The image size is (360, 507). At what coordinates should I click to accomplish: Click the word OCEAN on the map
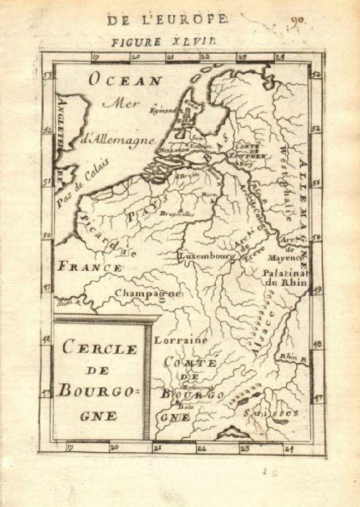point(125,81)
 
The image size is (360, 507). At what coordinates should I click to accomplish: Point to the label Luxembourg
point(207,255)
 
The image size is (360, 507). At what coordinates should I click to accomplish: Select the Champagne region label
point(149,293)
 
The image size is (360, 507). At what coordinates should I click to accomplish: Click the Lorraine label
point(180,341)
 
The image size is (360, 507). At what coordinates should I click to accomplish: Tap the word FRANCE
point(90,267)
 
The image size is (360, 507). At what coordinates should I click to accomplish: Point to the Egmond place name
point(164,110)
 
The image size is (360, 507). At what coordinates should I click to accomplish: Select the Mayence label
point(286,258)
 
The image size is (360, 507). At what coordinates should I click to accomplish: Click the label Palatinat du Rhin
point(285,277)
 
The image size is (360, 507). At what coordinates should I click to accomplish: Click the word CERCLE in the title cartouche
point(100,348)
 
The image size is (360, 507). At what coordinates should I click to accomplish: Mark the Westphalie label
point(284,183)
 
